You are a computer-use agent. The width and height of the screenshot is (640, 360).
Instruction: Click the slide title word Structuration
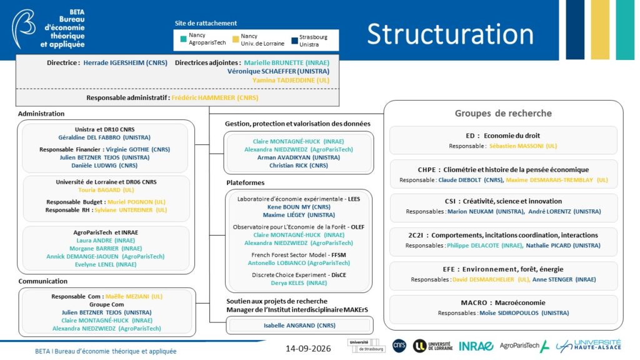pyautogui.click(x=450, y=34)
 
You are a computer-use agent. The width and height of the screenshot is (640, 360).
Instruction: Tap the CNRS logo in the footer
pyautogui.click(x=399, y=346)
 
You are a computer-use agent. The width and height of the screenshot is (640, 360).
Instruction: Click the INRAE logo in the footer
pyautogui.click(x=476, y=346)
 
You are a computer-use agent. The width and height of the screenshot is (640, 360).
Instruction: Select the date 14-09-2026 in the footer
pyautogui.click(x=308, y=349)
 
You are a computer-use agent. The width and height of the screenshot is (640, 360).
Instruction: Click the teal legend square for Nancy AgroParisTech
pyautogui.click(x=183, y=39)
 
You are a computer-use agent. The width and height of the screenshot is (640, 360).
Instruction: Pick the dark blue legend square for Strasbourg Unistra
pyautogui.click(x=294, y=41)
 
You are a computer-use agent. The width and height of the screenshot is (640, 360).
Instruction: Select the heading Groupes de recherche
pyautogui.click(x=503, y=114)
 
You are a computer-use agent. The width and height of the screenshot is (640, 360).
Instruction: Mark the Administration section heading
pyautogui.click(x=41, y=114)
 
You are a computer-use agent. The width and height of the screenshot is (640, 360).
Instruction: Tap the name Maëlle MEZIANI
pyautogui.click(x=122, y=297)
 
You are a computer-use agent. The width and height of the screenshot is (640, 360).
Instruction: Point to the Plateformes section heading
pyautogui.click(x=245, y=183)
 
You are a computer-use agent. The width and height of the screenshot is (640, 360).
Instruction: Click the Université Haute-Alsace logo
pyautogui.click(x=588, y=346)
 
